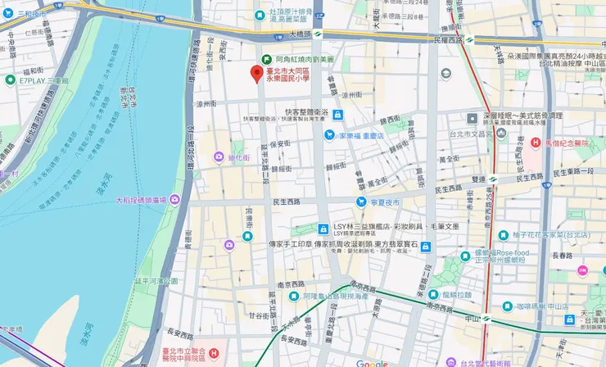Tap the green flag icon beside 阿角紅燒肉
click(x=266, y=59)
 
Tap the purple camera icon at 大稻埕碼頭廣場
click(x=174, y=200)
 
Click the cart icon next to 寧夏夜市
click(x=360, y=202)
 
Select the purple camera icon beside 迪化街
click(x=219, y=156)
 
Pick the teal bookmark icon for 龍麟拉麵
click(x=432, y=295)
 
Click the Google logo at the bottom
click(x=372, y=363)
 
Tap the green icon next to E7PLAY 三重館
click(x=10, y=80)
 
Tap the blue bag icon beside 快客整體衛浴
click(x=337, y=114)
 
